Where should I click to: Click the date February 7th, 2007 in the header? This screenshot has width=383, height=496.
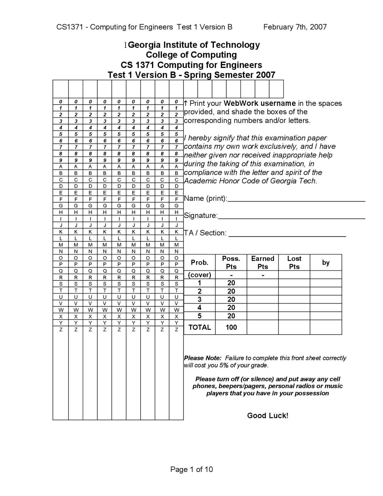point(295,27)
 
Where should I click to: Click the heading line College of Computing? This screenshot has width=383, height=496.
point(191,55)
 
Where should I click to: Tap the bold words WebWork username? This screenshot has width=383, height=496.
point(259,103)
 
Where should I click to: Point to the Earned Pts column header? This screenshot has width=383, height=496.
point(262,262)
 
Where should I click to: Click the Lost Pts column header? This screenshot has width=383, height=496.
point(294,262)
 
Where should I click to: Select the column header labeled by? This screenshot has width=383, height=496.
point(326,262)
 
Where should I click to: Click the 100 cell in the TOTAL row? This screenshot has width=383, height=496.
point(231,327)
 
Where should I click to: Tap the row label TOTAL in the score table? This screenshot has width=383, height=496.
point(200,327)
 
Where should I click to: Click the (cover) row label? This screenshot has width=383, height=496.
point(200,275)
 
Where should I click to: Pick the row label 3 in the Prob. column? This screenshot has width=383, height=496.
point(200,299)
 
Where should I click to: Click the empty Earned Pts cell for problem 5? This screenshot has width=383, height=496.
point(262,316)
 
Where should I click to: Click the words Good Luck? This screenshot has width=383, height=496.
point(268,415)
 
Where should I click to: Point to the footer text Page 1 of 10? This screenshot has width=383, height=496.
point(191,469)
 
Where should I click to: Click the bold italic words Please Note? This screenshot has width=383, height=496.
point(203,358)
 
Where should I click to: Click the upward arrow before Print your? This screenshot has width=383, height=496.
point(186,103)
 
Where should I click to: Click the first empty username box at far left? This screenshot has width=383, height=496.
point(61,89)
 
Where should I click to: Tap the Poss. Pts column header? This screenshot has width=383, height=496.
point(231,262)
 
